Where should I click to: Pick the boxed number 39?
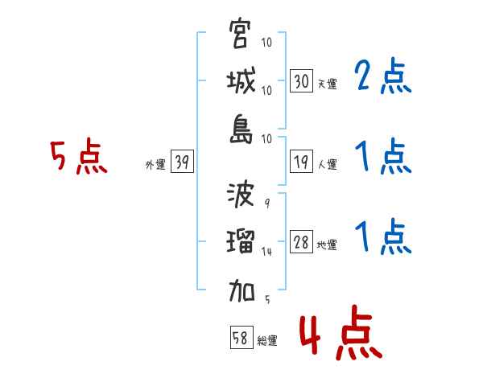point(182,162)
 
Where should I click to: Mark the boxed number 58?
point(240,338)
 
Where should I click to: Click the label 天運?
point(327,83)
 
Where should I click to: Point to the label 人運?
point(327,165)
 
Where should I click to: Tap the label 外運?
point(155,165)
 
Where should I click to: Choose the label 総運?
point(267,341)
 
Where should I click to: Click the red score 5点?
point(78,158)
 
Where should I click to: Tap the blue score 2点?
point(383,78)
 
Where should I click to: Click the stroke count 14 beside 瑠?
point(267,251)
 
